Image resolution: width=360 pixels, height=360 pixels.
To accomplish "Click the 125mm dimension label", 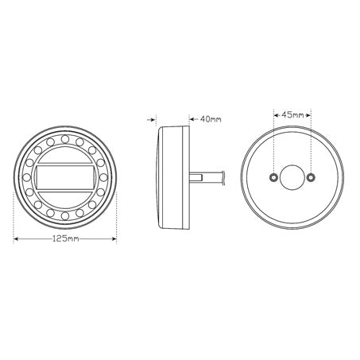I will [67, 238].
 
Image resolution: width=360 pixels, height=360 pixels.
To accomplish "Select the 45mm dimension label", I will [292, 114].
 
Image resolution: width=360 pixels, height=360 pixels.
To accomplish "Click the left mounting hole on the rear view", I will [273, 176].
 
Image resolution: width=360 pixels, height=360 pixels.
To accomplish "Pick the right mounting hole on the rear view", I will [312, 176].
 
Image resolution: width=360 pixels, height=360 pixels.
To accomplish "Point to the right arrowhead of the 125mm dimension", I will [114, 238].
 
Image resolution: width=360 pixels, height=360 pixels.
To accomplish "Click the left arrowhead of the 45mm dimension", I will [274, 114].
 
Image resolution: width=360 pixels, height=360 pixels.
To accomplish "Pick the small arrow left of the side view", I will [151, 120].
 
